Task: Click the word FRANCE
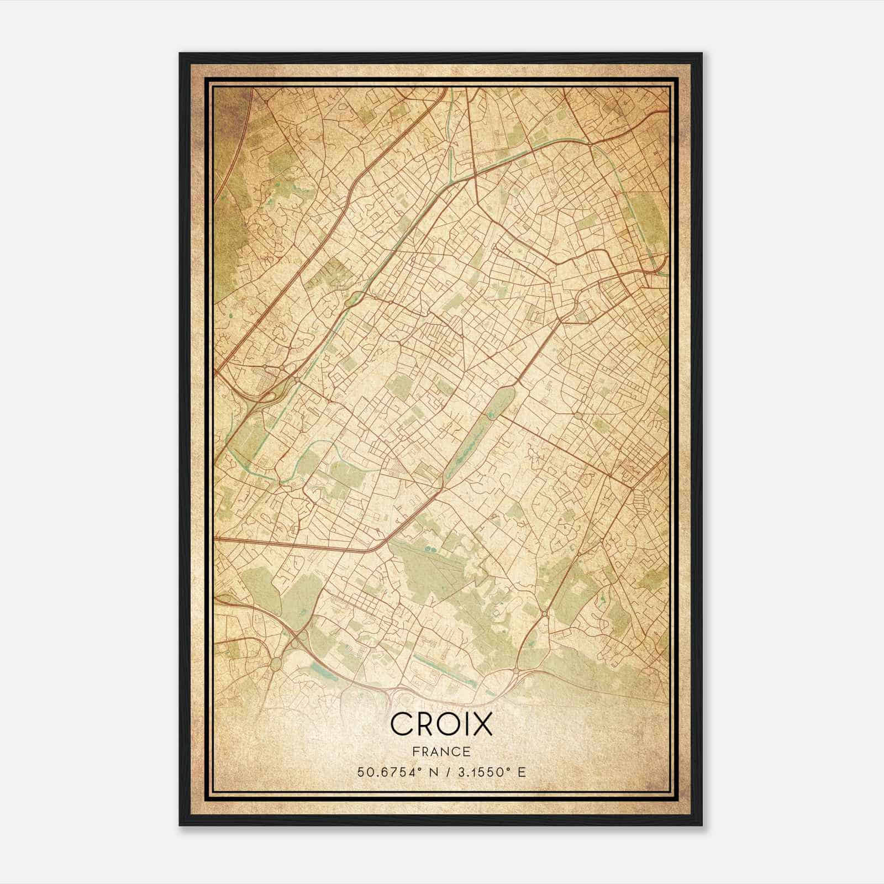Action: click(441, 751)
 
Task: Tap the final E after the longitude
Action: click(522, 772)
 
